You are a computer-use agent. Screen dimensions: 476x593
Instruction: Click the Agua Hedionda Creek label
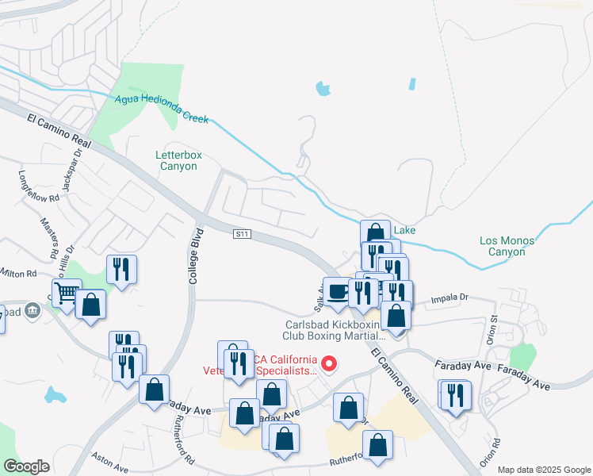(161, 109)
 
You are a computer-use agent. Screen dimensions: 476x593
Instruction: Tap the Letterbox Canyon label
(178, 160)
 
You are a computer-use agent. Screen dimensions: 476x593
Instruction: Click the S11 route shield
(243, 234)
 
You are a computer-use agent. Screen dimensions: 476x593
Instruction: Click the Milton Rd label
(19, 274)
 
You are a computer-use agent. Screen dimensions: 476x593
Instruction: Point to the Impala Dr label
(450, 299)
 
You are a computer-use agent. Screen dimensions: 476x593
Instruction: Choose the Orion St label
(492, 328)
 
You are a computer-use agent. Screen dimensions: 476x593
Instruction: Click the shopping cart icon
(67, 294)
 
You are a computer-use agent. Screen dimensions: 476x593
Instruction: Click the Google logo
(26, 466)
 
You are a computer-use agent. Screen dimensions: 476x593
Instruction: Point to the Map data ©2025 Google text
(543, 470)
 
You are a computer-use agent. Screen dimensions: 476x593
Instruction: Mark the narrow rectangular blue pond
(412, 83)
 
